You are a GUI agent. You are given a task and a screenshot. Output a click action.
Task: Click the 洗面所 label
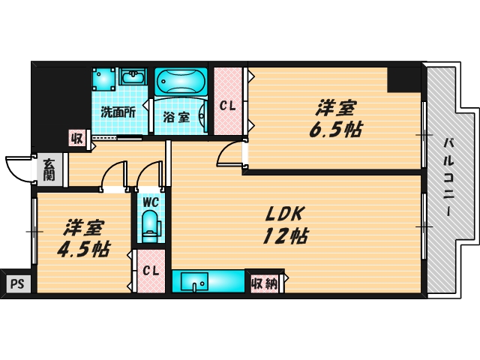[x=118, y=112]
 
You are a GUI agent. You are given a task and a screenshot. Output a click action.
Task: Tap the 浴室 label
[x=177, y=116]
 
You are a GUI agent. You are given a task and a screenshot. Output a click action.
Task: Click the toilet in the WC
[x=149, y=226]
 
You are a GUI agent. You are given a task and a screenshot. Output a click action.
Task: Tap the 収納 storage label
[x=264, y=283]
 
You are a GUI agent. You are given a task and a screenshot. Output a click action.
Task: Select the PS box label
[x=16, y=284]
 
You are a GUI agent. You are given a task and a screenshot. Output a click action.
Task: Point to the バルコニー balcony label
[x=448, y=176]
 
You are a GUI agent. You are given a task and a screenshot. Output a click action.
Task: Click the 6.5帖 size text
[x=335, y=130]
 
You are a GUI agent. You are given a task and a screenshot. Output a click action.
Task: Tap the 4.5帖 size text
[x=83, y=249]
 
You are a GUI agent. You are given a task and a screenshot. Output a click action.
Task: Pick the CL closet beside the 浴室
[x=228, y=106]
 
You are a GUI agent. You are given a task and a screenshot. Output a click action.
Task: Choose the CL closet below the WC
[x=151, y=271]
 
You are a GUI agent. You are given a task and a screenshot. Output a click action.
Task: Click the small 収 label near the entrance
[x=76, y=137]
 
